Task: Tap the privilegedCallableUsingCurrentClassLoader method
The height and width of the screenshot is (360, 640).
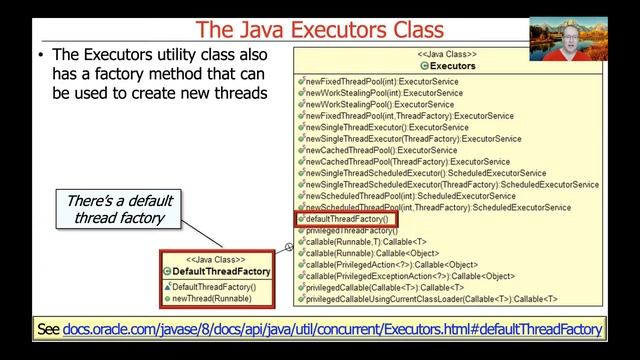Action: click(x=431, y=299)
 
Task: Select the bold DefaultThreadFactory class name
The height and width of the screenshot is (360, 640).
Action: click(x=221, y=271)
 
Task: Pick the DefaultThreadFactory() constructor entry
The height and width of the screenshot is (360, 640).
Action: click(x=214, y=287)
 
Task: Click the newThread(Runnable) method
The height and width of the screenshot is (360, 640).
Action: click(x=212, y=298)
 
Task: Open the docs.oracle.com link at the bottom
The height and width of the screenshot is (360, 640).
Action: click(x=333, y=329)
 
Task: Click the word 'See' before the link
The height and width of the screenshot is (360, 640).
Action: click(x=47, y=329)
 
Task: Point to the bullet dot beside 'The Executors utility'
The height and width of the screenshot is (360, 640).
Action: click(x=41, y=56)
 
